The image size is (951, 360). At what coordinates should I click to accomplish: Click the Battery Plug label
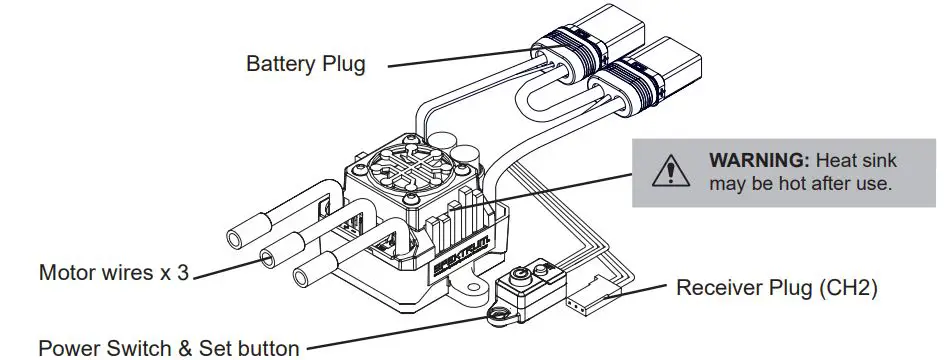306,64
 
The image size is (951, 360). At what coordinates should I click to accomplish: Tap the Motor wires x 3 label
114,273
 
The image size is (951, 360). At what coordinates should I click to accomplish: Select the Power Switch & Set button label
169,348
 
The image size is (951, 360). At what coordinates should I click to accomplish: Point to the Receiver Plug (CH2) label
776,287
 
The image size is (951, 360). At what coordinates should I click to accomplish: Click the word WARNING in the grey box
759,161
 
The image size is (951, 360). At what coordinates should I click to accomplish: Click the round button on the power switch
517,276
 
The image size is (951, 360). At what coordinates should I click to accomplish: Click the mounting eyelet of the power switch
498,314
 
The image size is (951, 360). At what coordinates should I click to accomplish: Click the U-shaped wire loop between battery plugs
541,102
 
